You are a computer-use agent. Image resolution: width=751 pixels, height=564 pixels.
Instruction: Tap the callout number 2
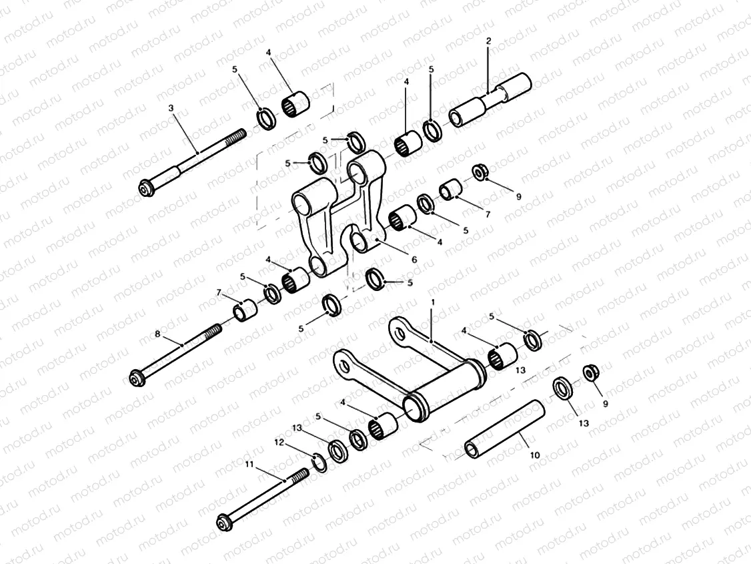[488, 41]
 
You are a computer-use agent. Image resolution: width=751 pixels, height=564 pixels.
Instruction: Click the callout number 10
[535, 455]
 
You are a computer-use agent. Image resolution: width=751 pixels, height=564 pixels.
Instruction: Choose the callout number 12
[279, 442]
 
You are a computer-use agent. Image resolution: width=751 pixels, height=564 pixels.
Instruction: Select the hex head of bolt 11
[223, 522]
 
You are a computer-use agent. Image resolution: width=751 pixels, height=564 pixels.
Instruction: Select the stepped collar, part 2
[491, 101]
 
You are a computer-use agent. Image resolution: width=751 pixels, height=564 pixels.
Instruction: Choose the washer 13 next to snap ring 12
[338, 452]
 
